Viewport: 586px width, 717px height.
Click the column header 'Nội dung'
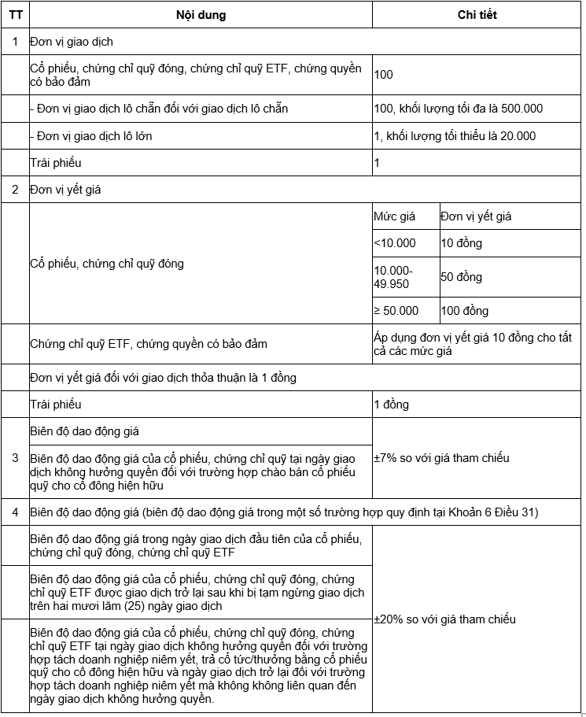201,15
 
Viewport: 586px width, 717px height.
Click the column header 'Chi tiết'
477,15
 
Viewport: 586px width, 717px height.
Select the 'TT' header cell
15,15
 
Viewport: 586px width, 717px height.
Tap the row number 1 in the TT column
15,41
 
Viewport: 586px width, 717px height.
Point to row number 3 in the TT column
15,458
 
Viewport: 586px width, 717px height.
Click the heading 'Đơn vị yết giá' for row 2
65,190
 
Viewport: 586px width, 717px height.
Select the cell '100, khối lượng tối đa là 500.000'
459,109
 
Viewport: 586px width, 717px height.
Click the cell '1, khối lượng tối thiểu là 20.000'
455,136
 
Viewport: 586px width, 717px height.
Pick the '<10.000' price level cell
395,243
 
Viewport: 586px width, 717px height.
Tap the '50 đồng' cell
462,277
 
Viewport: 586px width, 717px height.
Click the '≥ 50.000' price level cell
396,311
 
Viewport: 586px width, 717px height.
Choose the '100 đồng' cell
464,311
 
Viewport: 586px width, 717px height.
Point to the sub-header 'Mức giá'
394,216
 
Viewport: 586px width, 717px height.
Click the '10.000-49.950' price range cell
393,277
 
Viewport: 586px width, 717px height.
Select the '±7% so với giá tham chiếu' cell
441,458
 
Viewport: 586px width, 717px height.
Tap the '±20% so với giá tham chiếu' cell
444,619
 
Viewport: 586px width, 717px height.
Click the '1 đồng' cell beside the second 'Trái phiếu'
392,405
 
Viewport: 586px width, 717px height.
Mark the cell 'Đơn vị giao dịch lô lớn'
91,136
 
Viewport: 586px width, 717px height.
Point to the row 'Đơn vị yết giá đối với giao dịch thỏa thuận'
163,378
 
